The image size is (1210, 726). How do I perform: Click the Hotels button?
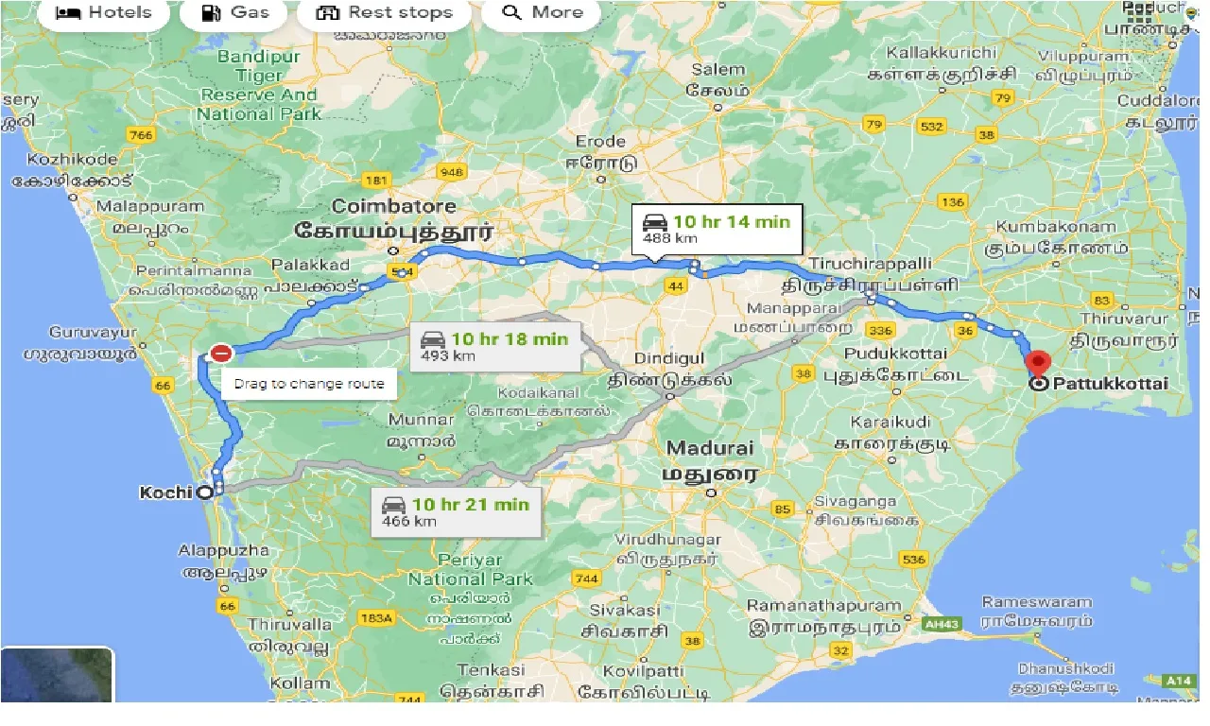pos(103,12)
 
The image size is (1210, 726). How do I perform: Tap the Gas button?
pos(236,12)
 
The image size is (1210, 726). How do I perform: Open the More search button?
pos(541,12)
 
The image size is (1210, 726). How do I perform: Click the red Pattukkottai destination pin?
pos(1038,364)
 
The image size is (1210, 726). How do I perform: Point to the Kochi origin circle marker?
pos(204,493)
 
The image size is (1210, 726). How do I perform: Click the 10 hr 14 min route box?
pos(717,229)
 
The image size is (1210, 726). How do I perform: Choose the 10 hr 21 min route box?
pos(455,511)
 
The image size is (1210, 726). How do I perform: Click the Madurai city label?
pos(710,448)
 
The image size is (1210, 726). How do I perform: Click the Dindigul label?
pos(667,359)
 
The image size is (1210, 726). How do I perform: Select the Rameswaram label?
pos(1037,602)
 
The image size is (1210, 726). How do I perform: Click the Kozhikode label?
pos(73,160)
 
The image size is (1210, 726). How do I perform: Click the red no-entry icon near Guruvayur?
pos(220,354)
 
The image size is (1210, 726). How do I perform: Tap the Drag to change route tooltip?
pos(309,384)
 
